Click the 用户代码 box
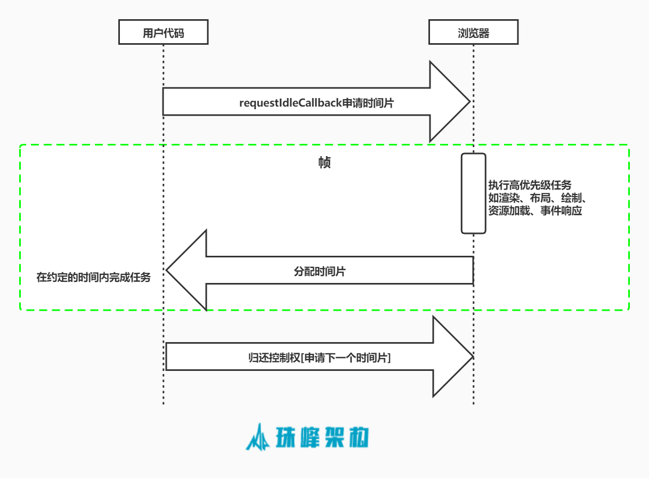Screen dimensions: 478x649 pyautogui.click(x=163, y=33)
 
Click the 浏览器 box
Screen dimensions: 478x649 pyautogui.click(x=473, y=33)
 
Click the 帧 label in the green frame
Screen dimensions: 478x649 pyautogui.click(x=324, y=163)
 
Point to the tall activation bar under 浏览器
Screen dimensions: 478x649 pyautogui.click(x=473, y=193)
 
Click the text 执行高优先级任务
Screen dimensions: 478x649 pyautogui.click(x=530, y=185)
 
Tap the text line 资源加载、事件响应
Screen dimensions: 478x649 pyautogui.click(x=534, y=211)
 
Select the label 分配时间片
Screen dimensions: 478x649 pyautogui.click(x=320, y=271)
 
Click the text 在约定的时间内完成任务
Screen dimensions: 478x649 pyautogui.click(x=94, y=277)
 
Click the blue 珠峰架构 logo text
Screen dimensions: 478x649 pyautogui.click(x=323, y=438)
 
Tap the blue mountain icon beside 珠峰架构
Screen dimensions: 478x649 pyautogui.click(x=258, y=438)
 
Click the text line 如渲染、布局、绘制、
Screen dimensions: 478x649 pyautogui.click(x=537, y=198)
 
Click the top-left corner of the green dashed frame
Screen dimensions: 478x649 pyautogui.click(x=20, y=145)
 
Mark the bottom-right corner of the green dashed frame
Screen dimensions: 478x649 pyautogui.click(x=629, y=310)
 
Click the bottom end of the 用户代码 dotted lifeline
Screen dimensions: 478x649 pyautogui.click(x=163, y=403)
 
